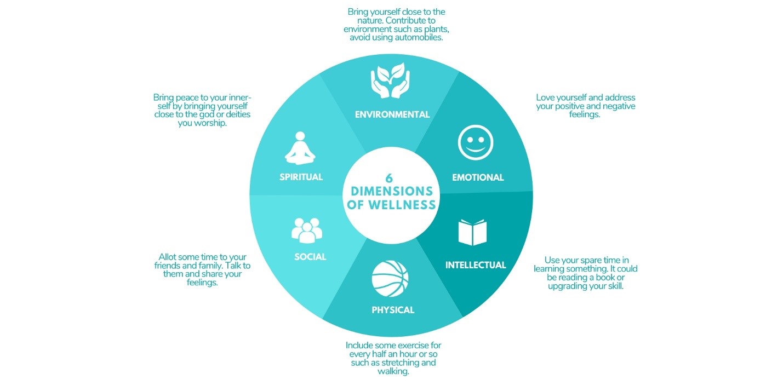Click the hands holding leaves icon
390,80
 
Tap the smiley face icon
476,142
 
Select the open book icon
472,232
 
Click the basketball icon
390,279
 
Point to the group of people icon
306,230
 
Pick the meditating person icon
300,148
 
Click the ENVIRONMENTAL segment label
392,114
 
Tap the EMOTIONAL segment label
478,177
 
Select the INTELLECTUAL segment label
476,265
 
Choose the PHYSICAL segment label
393,310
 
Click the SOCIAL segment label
310,257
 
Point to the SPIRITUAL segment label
301,177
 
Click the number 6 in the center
389,179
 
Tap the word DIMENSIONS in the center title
392,192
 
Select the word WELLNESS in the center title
402,205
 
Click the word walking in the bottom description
393,371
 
